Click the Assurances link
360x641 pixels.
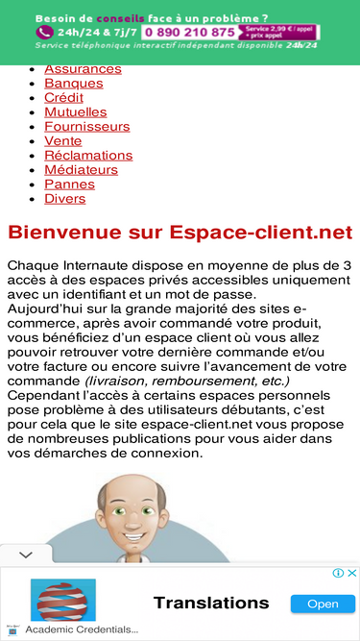[83, 69]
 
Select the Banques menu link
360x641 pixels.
[73, 84]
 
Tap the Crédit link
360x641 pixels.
[63, 98]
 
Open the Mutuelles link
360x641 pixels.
[75, 112]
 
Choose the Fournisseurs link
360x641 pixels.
[86, 127]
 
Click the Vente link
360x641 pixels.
[62, 141]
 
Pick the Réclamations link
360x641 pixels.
[88, 156]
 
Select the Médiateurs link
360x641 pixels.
[81, 170]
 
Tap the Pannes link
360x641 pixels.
[69, 185]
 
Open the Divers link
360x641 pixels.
[64, 199]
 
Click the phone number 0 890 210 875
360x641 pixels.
[189, 32]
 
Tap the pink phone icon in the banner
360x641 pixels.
[43, 32]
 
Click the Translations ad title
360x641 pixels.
[211, 603]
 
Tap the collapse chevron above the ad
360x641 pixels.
[26, 555]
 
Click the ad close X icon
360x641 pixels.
[351, 573]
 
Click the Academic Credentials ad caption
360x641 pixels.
[82, 629]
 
